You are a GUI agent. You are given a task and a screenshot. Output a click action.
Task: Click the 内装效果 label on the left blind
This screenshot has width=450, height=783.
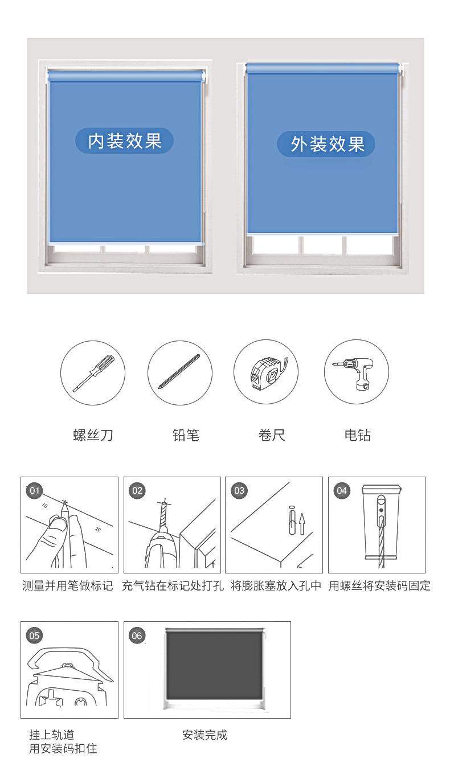125,141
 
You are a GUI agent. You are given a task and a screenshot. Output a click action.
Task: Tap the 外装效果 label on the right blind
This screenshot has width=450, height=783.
326,144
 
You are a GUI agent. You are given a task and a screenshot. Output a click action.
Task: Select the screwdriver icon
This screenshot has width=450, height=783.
94,372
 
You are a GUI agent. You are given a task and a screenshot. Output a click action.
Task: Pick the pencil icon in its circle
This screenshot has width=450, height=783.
179,372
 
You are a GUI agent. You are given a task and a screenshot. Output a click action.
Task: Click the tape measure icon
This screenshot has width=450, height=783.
268,373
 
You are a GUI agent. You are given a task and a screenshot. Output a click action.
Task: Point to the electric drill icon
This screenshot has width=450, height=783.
354,373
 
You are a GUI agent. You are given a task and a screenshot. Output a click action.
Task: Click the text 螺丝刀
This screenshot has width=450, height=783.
93,435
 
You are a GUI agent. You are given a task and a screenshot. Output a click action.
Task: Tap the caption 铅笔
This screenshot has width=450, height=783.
186,435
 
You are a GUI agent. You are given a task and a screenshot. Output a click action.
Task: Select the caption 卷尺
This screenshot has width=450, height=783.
272,435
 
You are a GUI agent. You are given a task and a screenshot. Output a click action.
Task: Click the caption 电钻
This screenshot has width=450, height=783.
357,435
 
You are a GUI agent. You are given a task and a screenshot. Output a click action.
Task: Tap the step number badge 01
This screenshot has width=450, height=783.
34,490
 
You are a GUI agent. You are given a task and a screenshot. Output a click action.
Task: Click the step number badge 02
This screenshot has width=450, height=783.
137,490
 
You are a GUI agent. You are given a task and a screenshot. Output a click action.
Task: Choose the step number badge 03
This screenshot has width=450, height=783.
239,490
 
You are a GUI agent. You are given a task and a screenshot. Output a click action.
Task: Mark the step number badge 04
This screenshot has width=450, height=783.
342,490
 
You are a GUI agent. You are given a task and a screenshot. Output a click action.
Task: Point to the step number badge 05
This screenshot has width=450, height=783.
34,635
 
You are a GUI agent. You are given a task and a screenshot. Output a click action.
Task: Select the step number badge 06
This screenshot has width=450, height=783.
137,635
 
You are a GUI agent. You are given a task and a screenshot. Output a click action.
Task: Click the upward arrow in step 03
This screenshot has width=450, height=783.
302,524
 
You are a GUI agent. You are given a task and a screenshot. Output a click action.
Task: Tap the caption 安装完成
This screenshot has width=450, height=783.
205,735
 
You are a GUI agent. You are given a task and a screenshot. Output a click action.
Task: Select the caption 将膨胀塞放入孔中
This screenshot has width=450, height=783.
276,586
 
